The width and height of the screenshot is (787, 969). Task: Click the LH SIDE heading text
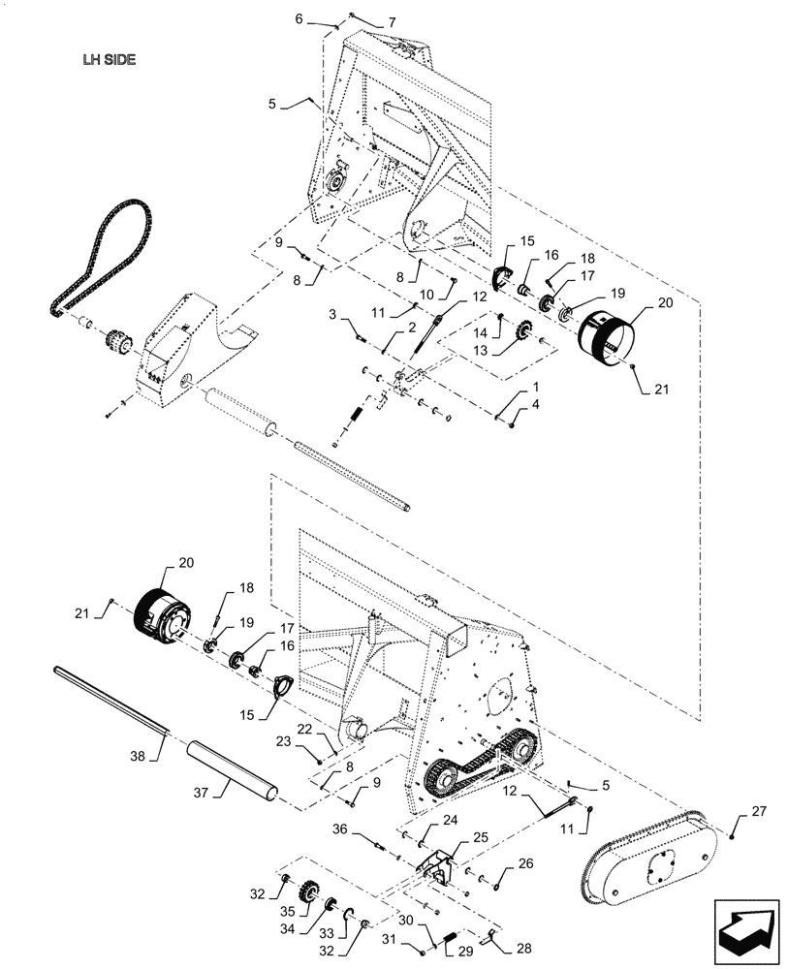click(x=109, y=58)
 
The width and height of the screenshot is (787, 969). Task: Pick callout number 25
click(x=453, y=835)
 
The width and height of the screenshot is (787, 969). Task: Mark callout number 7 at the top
click(x=365, y=22)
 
